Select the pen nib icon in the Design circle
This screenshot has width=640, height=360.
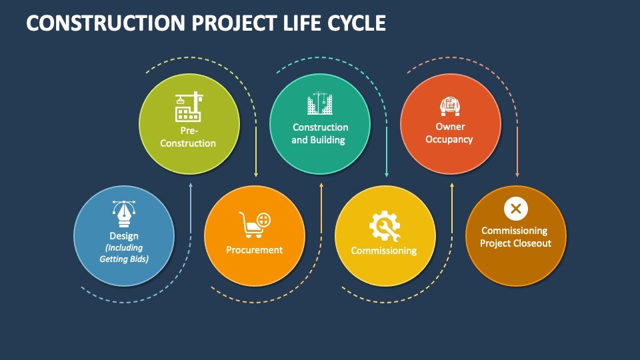coord(124,214)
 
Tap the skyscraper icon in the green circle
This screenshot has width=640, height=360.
coord(319,105)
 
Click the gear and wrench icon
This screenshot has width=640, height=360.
coord(385,226)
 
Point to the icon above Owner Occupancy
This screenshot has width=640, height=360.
coord(450,106)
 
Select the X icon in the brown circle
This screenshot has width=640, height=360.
coord(515,209)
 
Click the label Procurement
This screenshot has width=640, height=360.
coord(254,250)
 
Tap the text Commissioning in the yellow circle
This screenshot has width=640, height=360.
coord(384,251)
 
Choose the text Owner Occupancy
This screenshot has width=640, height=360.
coord(449,133)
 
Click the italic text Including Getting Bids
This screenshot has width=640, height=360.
coord(124,253)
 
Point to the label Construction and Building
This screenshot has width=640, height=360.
coord(320,133)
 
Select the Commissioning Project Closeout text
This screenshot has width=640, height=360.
coord(515,237)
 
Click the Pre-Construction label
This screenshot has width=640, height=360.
coord(189,137)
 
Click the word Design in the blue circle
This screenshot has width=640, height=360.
coord(124,236)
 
